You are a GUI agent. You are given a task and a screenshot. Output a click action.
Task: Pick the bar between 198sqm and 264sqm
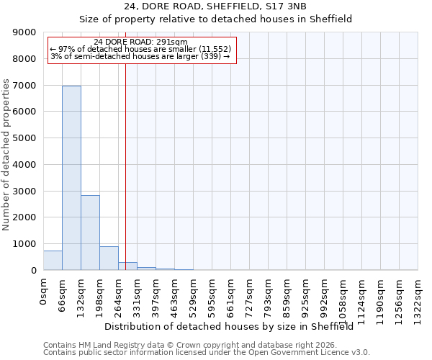point(109,258)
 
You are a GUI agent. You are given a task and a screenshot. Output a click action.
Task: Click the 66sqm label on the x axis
point(63,293)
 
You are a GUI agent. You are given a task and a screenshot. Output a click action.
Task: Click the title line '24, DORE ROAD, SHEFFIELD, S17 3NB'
point(215,6)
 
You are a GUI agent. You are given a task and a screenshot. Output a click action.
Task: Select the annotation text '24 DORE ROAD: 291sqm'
point(140,42)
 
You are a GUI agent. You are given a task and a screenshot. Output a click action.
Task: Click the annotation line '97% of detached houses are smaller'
point(140,49)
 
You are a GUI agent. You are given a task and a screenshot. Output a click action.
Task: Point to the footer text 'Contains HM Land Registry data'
point(108,345)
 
